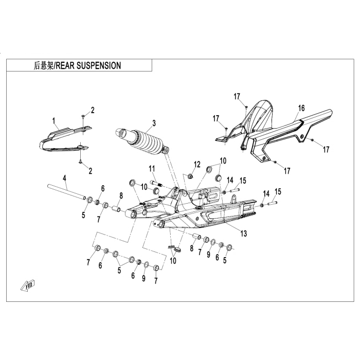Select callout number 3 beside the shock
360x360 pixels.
[x=153, y=123]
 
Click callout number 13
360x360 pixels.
[x=244, y=233]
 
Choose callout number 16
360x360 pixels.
[x=302, y=107]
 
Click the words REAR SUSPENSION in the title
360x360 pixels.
[x=88, y=66]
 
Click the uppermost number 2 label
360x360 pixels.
[x=93, y=110]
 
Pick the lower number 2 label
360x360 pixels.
[x=91, y=170]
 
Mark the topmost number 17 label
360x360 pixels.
[x=237, y=96]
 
